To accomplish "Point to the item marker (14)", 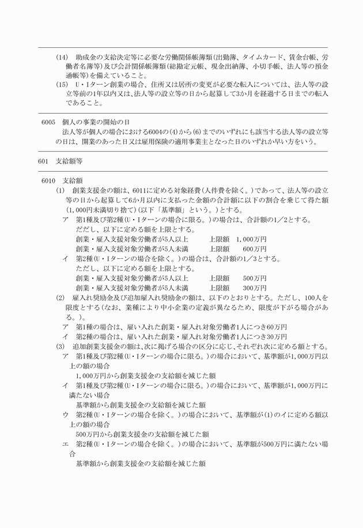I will pyautogui.click(x=62, y=58).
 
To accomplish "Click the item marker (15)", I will pyautogui.click(x=62, y=85).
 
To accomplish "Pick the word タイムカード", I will pyautogui.click(x=245, y=58).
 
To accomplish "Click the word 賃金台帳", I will pyautogui.click(x=292, y=58).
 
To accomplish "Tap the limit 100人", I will pyautogui.click(x=317, y=297).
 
